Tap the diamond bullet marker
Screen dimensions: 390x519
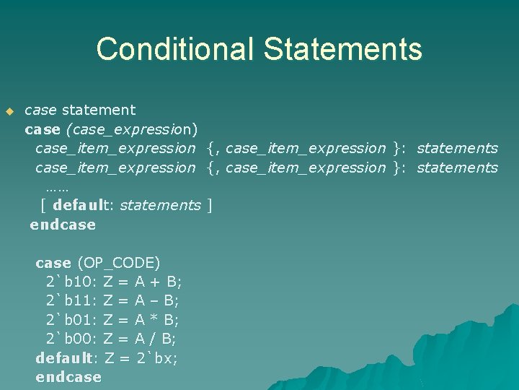[x=9, y=111]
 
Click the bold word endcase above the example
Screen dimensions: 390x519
[x=63, y=225]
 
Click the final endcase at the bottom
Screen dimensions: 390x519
[x=68, y=377]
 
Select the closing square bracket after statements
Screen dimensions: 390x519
[x=209, y=205]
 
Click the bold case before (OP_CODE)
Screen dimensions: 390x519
[x=53, y=262]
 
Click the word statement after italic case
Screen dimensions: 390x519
[x=98, y=110]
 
